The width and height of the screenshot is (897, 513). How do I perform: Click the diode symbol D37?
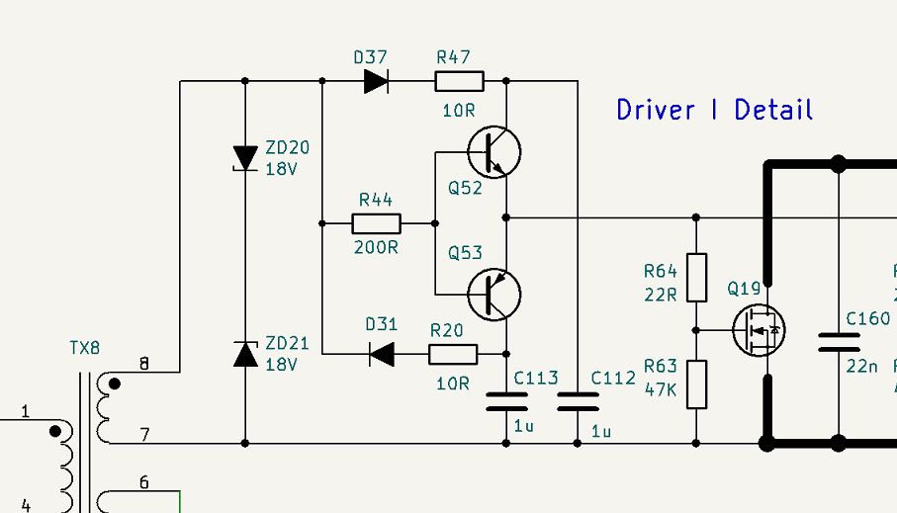(377, 81)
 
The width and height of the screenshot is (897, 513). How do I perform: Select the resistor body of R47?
(459, 81)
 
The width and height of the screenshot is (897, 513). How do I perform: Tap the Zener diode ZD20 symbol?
(245, 158)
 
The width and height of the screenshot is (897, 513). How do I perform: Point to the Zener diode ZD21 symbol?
(245, 354)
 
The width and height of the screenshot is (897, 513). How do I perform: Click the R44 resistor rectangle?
(377, 223)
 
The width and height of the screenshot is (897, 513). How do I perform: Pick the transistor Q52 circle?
(494, 152)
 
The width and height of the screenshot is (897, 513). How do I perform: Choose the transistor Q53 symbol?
(494, 295)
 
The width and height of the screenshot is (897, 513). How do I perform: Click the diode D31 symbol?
(382, 354)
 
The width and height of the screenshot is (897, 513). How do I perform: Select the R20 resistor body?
(453, 354)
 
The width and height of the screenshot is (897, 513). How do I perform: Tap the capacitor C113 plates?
(506, 401)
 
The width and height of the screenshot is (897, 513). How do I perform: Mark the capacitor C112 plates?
(578, 401)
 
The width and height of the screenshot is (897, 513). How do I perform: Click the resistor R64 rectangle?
(696, 278)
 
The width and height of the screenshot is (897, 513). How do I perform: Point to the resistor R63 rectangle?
(696, 385)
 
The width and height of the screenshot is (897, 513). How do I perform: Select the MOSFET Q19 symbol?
(760, 330)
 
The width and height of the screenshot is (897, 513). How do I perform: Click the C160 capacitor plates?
(840, 342)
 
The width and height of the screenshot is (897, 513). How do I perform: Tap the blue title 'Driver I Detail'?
(714, 110)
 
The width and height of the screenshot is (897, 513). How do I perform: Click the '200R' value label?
(376, 248)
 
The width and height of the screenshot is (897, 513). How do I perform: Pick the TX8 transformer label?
(85, 348)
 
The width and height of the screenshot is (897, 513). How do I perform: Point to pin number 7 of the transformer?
(145, 435)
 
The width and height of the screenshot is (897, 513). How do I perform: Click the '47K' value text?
(661, 390)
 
